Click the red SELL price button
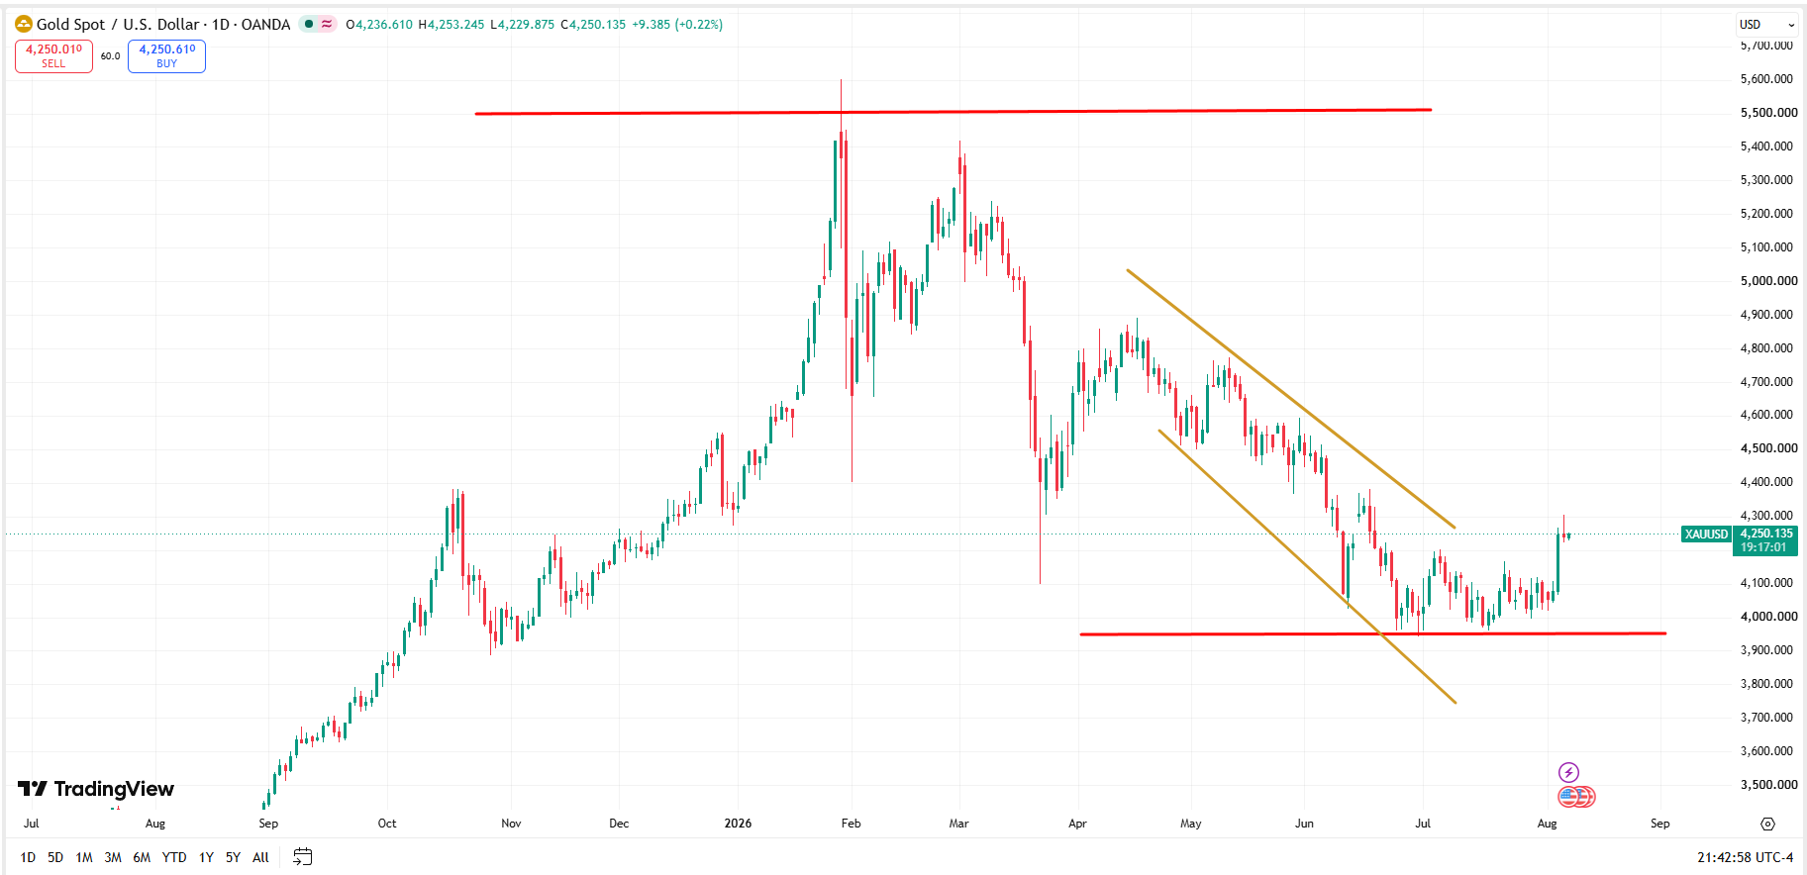click(x=53, y=56)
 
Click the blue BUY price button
click(x=166, y=56)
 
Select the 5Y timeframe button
click(x=233, y=857)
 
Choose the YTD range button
click(x=174, y=857)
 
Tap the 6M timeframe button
click(x=142, y=857)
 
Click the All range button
click(x=260, y=857)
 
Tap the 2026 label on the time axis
click(x=738, y=824)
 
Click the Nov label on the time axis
click(x=511, y=824)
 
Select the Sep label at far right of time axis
click(x=1660, y=824)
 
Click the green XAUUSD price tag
click(x=1707, y=535)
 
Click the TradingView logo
click(x=96, y=789)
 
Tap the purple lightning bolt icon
click(x=1568, y=772)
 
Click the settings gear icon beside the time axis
click(x=1768, y=824)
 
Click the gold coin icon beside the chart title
click(x=24, y=24)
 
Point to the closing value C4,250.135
click(x=593, y=25)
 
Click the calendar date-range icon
click(x=303, y=857)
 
